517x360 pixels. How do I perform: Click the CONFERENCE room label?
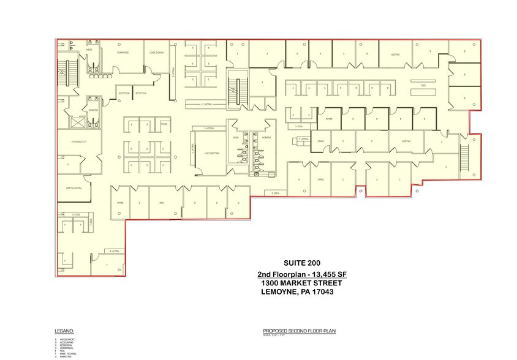pyautogui.click(x=122, y=53)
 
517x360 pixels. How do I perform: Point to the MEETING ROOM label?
pyautogui.click(x=74, y=188)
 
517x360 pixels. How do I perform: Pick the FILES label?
pyautogui.click(x=423, y=86)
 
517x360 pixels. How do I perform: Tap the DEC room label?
pyautogui.click(x=162, y=203)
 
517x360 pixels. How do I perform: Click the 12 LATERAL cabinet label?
pyautogui.click(x=206, y=105)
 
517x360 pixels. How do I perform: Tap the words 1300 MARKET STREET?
pyautogui.click(x=301, y=283)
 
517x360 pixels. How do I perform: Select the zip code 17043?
pyautogui.click(x=325, y=293)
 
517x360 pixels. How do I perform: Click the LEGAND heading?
pyautogui.click(x=64, y=331)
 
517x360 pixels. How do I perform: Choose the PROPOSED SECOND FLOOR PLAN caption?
pyautogui.click(x=300, y=331)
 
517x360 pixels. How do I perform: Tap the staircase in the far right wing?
pyautogui.click(x=464, y=159)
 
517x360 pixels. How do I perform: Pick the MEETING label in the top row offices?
pyautogui.click(x=396, y=54)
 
